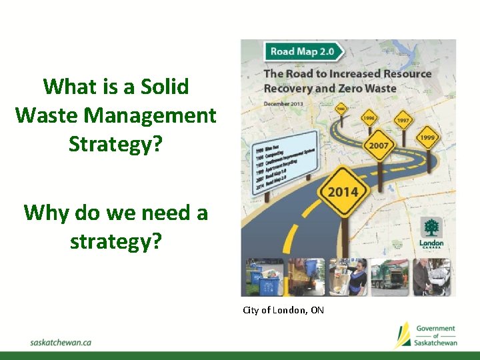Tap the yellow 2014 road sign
point(341,193)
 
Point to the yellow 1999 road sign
point(427,137)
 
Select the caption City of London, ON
point(283,310)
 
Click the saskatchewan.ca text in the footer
point(61,342)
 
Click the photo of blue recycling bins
point(263,277)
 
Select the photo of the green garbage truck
point(389,277)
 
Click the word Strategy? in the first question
point(115,143)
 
